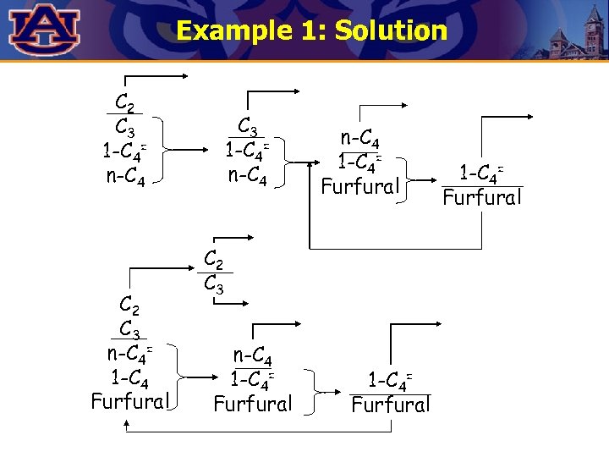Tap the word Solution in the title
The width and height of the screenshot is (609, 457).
(x=390, y=31)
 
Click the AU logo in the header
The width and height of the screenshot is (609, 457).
(x=45, y=29)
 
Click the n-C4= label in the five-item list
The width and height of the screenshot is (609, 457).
(x=129, y=352)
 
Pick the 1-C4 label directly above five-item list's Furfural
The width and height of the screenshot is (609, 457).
(x=129, y=376)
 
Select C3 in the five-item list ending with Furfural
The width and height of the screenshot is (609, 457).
(x=129, y=328)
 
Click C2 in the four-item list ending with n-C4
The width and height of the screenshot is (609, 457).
(x=124, y=103)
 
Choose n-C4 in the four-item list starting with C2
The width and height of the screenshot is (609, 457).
(x=124, y=178)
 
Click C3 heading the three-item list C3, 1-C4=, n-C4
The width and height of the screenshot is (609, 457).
(x=248, y=126)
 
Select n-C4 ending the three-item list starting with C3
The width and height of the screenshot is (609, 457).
(x=248, y=178)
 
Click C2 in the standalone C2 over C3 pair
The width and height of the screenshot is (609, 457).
(x=214, y=259)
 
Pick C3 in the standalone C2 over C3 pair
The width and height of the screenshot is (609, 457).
(x=214, y=284)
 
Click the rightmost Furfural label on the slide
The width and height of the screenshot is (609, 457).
(x=483, y=198)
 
